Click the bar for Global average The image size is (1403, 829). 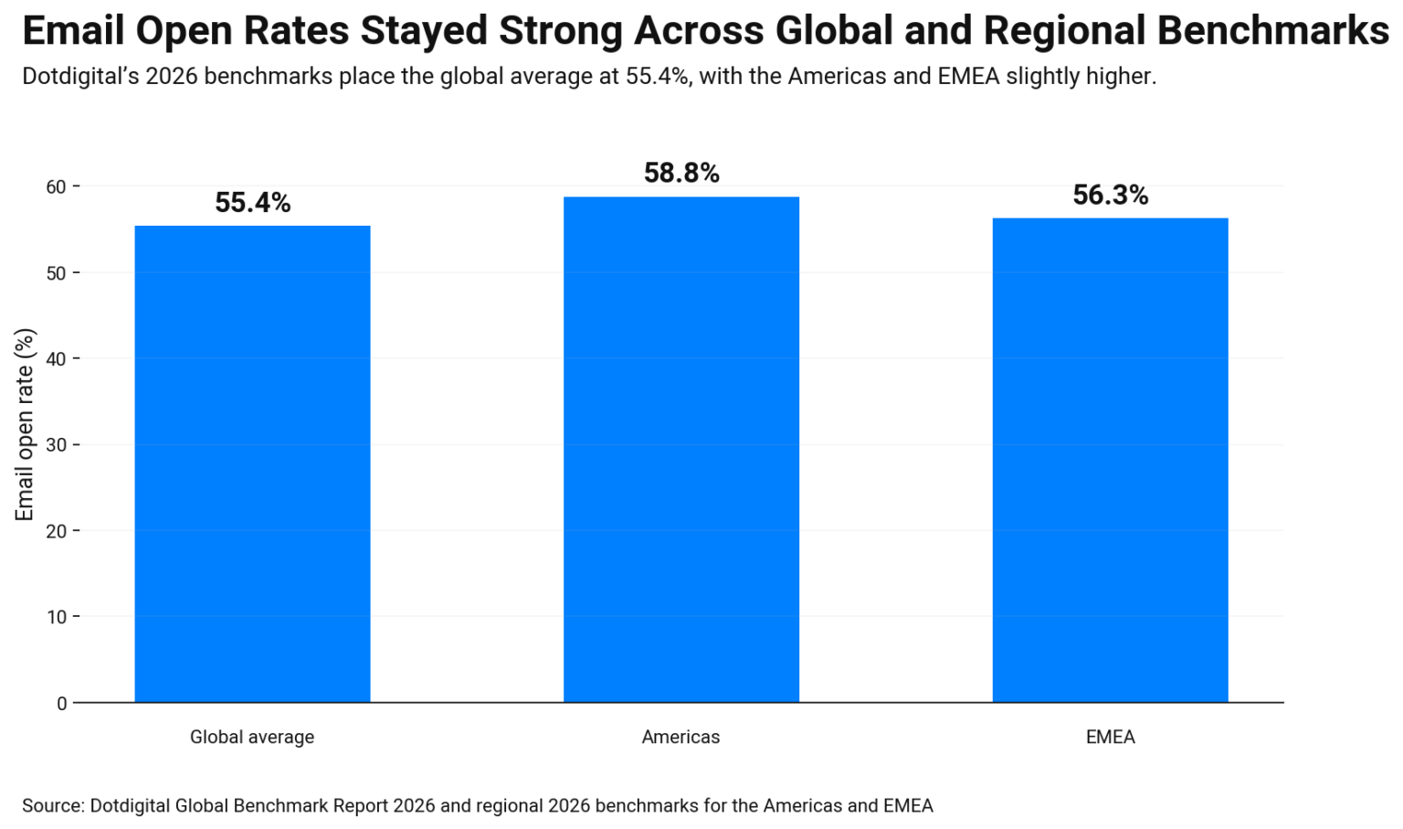[x=252, y=463]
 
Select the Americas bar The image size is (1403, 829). [x=680, y=449]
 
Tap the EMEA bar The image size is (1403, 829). [x=1110, y=460]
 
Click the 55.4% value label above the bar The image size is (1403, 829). [x=252, y=203]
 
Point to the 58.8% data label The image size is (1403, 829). [x=681, y=173]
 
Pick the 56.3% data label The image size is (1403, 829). [x=1110, y=195]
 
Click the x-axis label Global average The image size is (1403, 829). [x=252, y=737]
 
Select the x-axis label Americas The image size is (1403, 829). [x=680, y=737]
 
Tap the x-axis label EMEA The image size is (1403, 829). [x=1110, y=737]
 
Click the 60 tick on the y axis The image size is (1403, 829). [x=56, y=187]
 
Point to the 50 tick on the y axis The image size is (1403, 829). [x=56, y=273]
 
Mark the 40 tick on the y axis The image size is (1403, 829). [x=56, y=359]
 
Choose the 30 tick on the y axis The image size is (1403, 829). [x=56, y=445]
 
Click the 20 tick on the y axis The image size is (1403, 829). [x=56, y=531]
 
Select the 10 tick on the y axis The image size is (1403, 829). [x=56, y=617]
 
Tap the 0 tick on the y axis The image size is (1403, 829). [x=61, y=703]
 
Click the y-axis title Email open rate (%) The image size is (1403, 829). [x=25, y=424]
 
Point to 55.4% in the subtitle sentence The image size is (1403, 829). [x=657, y=76]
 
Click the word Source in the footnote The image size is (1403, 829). [x=52, y=805]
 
